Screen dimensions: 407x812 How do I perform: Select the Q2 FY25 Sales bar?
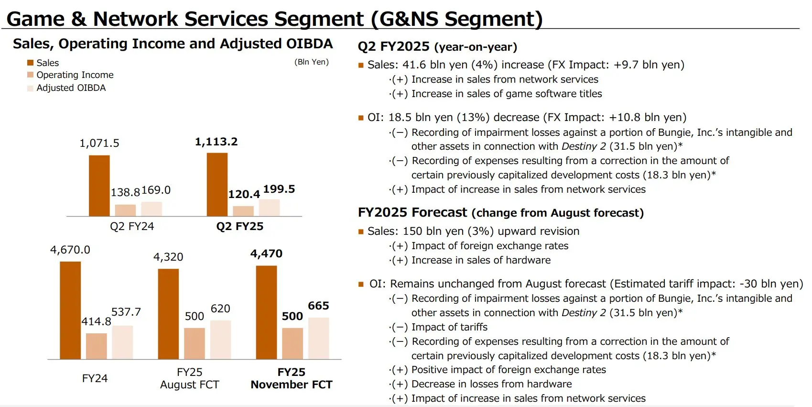217,185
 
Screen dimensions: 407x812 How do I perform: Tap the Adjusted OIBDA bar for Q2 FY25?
269,208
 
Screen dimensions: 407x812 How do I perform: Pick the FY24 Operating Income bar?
97,346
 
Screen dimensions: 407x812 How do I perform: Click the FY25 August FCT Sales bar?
168,314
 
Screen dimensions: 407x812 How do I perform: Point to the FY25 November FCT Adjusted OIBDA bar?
318,338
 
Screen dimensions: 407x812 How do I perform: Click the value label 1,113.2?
216,142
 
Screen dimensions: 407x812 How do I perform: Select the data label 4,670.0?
70,250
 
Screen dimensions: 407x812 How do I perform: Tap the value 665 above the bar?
318,306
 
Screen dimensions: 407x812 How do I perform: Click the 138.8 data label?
125,193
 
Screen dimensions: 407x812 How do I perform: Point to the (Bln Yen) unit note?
312,62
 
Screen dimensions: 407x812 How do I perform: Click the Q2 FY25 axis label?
239,226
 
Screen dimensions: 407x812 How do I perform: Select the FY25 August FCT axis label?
190,378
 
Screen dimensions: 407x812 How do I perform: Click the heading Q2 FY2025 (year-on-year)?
437,47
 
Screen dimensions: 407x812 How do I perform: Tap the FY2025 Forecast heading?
500,213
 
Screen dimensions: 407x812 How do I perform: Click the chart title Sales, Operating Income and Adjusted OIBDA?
173,44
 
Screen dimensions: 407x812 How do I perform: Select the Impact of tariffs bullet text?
449,327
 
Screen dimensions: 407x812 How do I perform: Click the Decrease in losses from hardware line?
491,384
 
